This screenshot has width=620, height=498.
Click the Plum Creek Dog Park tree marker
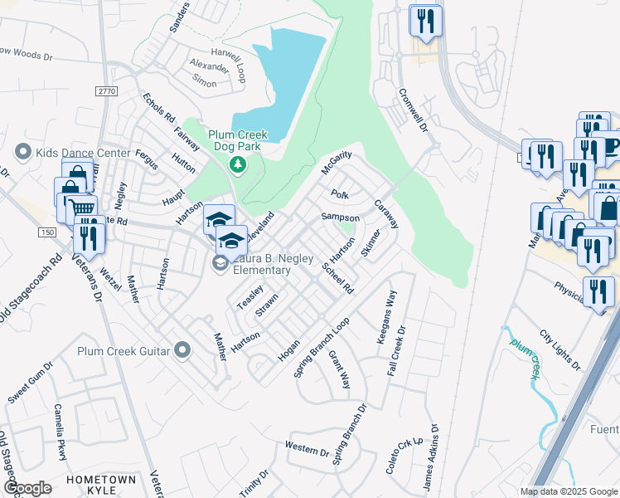pos(238,164)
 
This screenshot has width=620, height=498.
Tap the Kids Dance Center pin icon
pos(23,153)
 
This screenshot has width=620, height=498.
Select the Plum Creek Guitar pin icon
pos(182,351)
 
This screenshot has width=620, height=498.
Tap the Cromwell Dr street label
pos(412,110)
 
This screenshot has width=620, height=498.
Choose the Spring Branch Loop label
pos(317,348)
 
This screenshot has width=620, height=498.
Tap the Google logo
pos(27,487)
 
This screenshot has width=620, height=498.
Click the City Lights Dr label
pos(556,347)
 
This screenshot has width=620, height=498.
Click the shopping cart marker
pos(80,207)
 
